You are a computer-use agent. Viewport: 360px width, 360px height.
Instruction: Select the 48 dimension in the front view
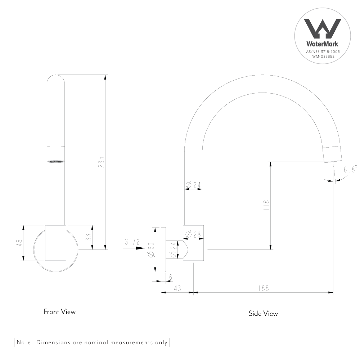tap(19, 243)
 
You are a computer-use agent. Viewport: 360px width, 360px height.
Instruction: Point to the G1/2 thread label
tap(132, 242)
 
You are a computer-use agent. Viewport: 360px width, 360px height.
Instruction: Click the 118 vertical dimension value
tap(266, 205)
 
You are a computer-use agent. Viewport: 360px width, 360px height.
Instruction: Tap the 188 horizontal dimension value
tap(264, 288)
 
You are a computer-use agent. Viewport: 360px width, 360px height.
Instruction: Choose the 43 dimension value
tap(177, 288)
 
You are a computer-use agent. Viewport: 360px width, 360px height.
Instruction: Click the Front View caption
tap(60, 312)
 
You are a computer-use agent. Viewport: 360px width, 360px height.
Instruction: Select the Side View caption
tap(263, 314)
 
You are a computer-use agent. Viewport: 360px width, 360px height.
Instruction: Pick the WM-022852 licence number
tap(323, 57)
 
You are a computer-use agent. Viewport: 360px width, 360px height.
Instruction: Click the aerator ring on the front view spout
tap(56, 161)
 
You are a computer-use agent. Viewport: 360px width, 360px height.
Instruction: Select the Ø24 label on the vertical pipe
tap(193, 185)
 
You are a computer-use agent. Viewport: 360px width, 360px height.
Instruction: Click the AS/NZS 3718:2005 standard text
tap(323, 51)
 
